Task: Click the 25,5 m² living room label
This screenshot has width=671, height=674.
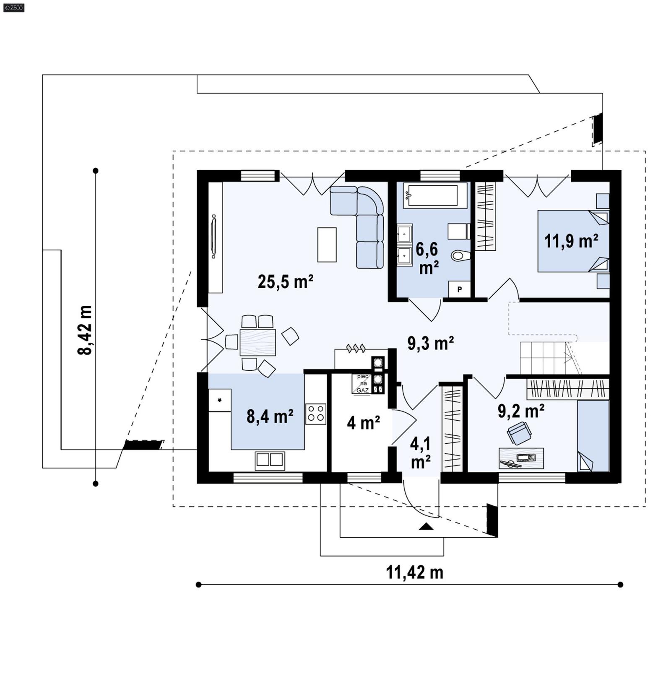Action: [x=285, y=282]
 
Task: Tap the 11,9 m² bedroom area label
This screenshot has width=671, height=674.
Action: [x=571, y=242]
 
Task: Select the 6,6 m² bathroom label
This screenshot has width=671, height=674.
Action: [x=427, y=258]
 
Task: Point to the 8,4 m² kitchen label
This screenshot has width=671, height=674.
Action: [x=270, y=417]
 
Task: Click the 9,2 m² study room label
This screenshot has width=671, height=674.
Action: [x=521, y=411]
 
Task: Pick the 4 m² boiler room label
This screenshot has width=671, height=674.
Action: [x=363, y=423]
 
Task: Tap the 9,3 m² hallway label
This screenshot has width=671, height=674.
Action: [x=430, y=344]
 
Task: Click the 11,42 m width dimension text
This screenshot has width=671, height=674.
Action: [x=414, y=573]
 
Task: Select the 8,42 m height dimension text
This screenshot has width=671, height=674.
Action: [x=85, y=330]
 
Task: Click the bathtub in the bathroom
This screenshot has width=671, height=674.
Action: [x=435, y=195]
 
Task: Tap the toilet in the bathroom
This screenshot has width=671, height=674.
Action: [x=460, y=255]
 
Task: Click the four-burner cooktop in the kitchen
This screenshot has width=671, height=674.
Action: [x=315, y=414]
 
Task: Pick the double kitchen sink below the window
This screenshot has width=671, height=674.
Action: [x=270, y=460]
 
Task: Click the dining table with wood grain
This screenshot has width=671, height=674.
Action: [x=257, y=342]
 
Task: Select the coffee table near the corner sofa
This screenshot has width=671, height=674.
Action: [x=327, y=245]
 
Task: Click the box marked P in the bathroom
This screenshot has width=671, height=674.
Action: [x=459, y=289]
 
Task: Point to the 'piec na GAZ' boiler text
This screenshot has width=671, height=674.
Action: [x=363, y=384]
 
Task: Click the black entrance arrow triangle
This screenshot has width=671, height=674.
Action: [x=426, y=527]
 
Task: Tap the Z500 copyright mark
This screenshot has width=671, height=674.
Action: [x=13, y=7]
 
